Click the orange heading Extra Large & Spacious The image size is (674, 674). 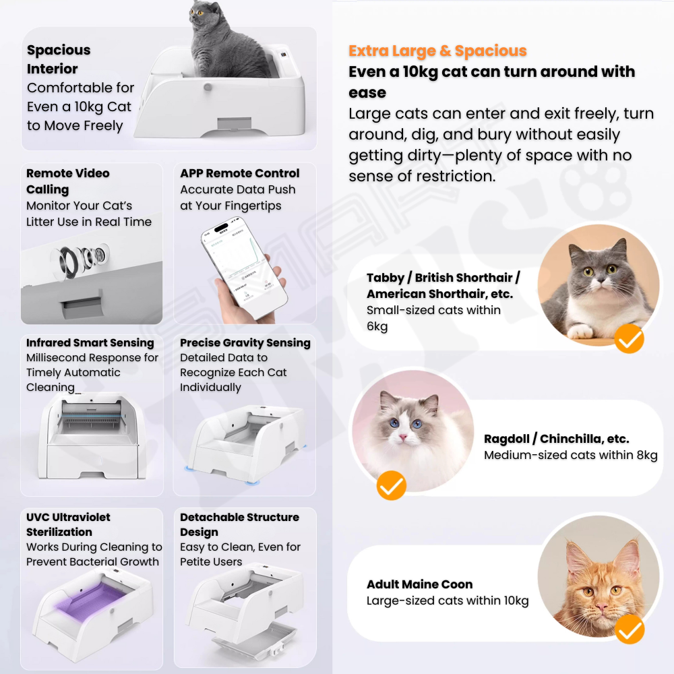tap(437, 51)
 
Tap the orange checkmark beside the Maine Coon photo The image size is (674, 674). tap(630, 629)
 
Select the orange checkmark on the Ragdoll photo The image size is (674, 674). tap(391, 485)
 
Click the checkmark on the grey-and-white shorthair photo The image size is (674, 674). tap(629, 339)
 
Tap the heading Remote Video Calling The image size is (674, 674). tap(67, 181)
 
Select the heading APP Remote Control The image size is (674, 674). tap(239, 173)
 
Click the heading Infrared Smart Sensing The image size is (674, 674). tap(90, 342)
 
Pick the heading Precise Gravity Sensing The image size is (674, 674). tap(245, 342)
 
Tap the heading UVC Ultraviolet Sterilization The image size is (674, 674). tap(68, 524)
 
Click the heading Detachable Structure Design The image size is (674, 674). tap(239, 524)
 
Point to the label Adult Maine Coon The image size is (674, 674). tap(419, 584)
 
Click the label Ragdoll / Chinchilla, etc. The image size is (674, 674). tap(556, 439)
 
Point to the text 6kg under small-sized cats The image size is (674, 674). tap(377, 326)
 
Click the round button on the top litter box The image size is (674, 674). tap(208, 87)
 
